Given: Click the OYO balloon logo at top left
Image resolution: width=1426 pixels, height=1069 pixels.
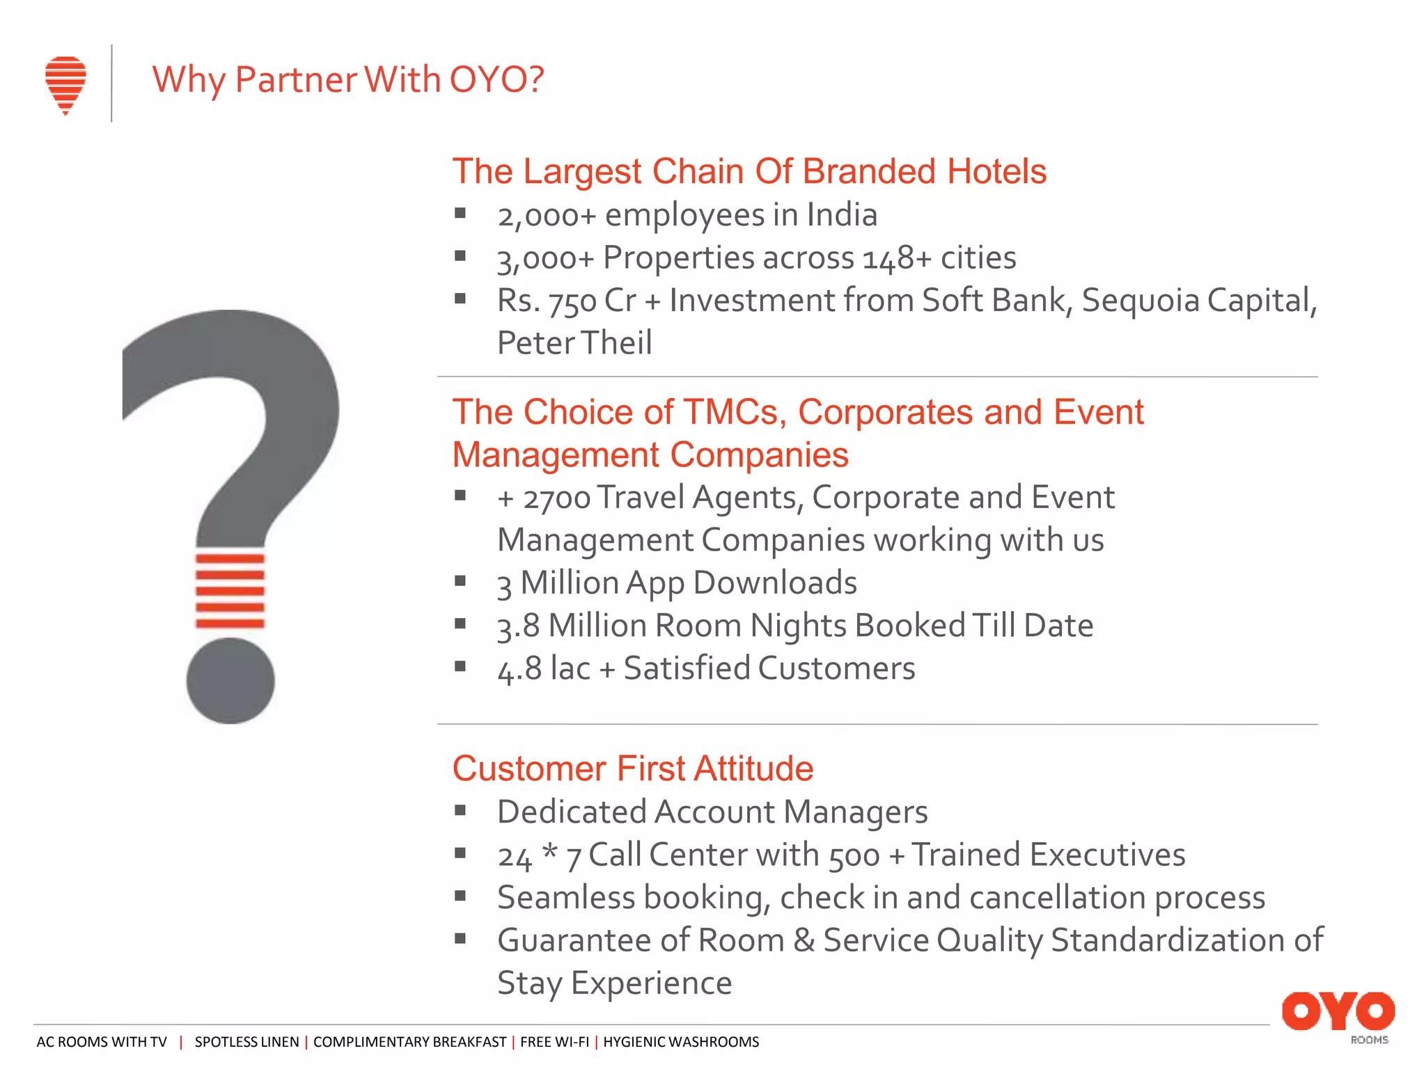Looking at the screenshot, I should (x=65, y=84).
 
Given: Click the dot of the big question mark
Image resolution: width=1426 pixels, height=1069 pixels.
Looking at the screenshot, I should (x=230, y=681).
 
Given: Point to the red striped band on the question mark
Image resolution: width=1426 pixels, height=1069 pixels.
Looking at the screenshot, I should (x=230, y=591).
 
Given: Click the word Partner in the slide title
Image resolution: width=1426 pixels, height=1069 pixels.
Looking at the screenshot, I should (x=296, y=79).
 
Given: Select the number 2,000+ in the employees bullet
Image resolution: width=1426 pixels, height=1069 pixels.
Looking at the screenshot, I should (x=547, y=216).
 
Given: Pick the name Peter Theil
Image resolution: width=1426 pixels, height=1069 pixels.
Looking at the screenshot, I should (x=574, y=343).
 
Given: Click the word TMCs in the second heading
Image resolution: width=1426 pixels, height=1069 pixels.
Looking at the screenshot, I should (x=735, y=412).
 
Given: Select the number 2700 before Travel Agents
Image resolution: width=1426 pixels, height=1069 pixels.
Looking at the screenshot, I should (x=557, y=499).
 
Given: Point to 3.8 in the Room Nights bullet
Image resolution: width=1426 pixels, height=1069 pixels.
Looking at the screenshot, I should (x=519, y=626).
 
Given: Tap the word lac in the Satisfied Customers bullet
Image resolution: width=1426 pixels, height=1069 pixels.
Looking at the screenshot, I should (x=570, y=669).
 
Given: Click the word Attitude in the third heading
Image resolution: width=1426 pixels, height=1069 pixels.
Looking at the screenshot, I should (x=753, y=769).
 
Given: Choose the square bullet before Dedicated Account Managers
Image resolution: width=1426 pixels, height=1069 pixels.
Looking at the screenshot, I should (x=460, y=810).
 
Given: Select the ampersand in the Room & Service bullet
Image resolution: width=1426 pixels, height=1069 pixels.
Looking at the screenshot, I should (x=804, y=941).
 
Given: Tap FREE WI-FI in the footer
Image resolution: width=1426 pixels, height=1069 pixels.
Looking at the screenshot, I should (x=554, y=1042).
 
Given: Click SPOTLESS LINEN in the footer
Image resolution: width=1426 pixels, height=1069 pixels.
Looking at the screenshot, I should (x=246, y=1042).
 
